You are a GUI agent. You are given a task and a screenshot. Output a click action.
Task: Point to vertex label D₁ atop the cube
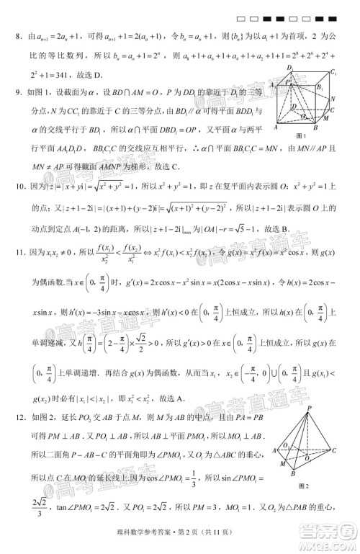pyautogui.click(x=289, y=68)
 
